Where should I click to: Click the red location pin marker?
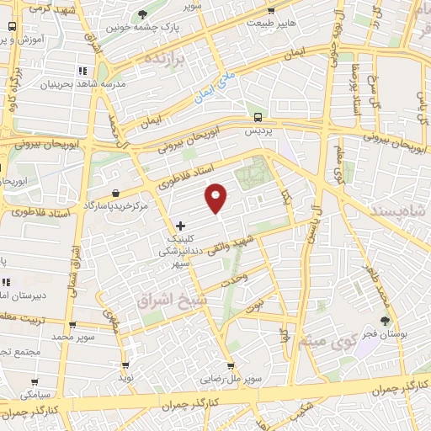pos(216,197)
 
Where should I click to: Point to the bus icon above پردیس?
pos(258,118)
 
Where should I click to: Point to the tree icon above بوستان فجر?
pos(386,320)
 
